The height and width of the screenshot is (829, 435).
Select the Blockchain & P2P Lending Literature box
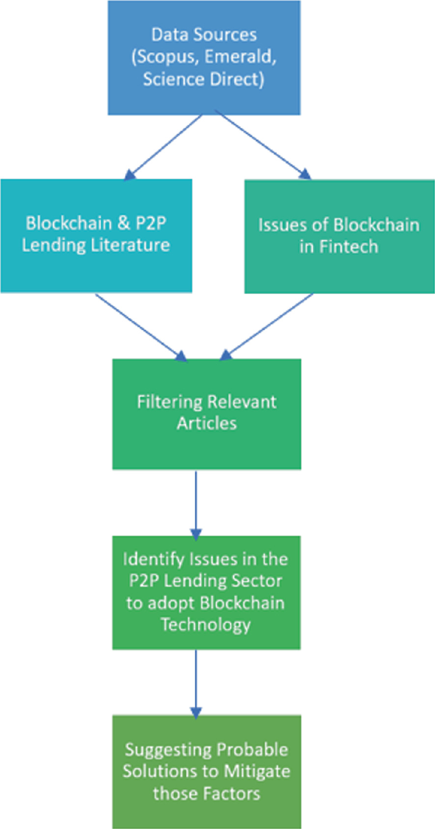point(96,235)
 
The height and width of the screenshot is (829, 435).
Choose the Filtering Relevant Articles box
point(206,414)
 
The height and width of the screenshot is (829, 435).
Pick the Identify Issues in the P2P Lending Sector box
point(206,592)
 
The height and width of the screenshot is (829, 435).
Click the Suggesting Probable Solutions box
point(206,771)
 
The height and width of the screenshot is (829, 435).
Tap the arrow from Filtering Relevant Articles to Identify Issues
point(196,501)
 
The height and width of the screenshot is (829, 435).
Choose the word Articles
point(206,424)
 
